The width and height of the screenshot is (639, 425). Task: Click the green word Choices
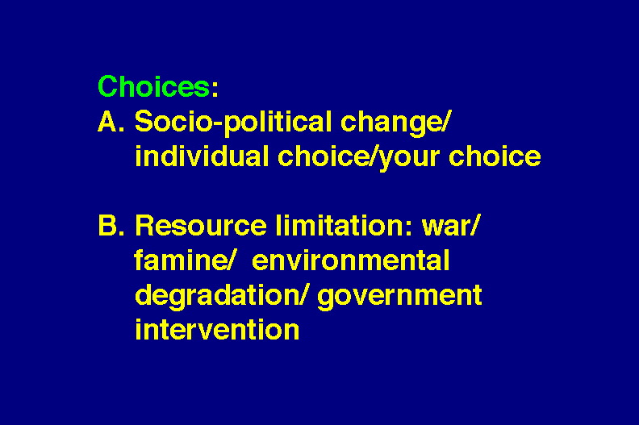(x=154, y=86)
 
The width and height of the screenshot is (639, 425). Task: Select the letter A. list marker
(x=111, y=121)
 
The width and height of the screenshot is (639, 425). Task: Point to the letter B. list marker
(x=111, y=225)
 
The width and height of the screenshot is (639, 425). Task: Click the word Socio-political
(x=233, y=122)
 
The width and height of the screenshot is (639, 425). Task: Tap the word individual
(x=202, y=156)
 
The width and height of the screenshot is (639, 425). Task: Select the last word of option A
(x=495, y=156)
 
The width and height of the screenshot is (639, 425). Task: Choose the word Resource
(x=201, y=225)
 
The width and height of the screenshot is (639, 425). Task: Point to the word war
(x=445, y=227)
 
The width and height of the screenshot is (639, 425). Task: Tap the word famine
(x=180, y=260)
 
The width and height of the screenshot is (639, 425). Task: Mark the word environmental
(x=351, y=260)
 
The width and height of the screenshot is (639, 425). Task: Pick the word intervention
(x=217, y=329)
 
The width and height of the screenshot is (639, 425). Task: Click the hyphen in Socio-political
(x=218, y=124)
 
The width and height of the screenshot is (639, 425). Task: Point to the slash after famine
(x=230, y=260)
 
